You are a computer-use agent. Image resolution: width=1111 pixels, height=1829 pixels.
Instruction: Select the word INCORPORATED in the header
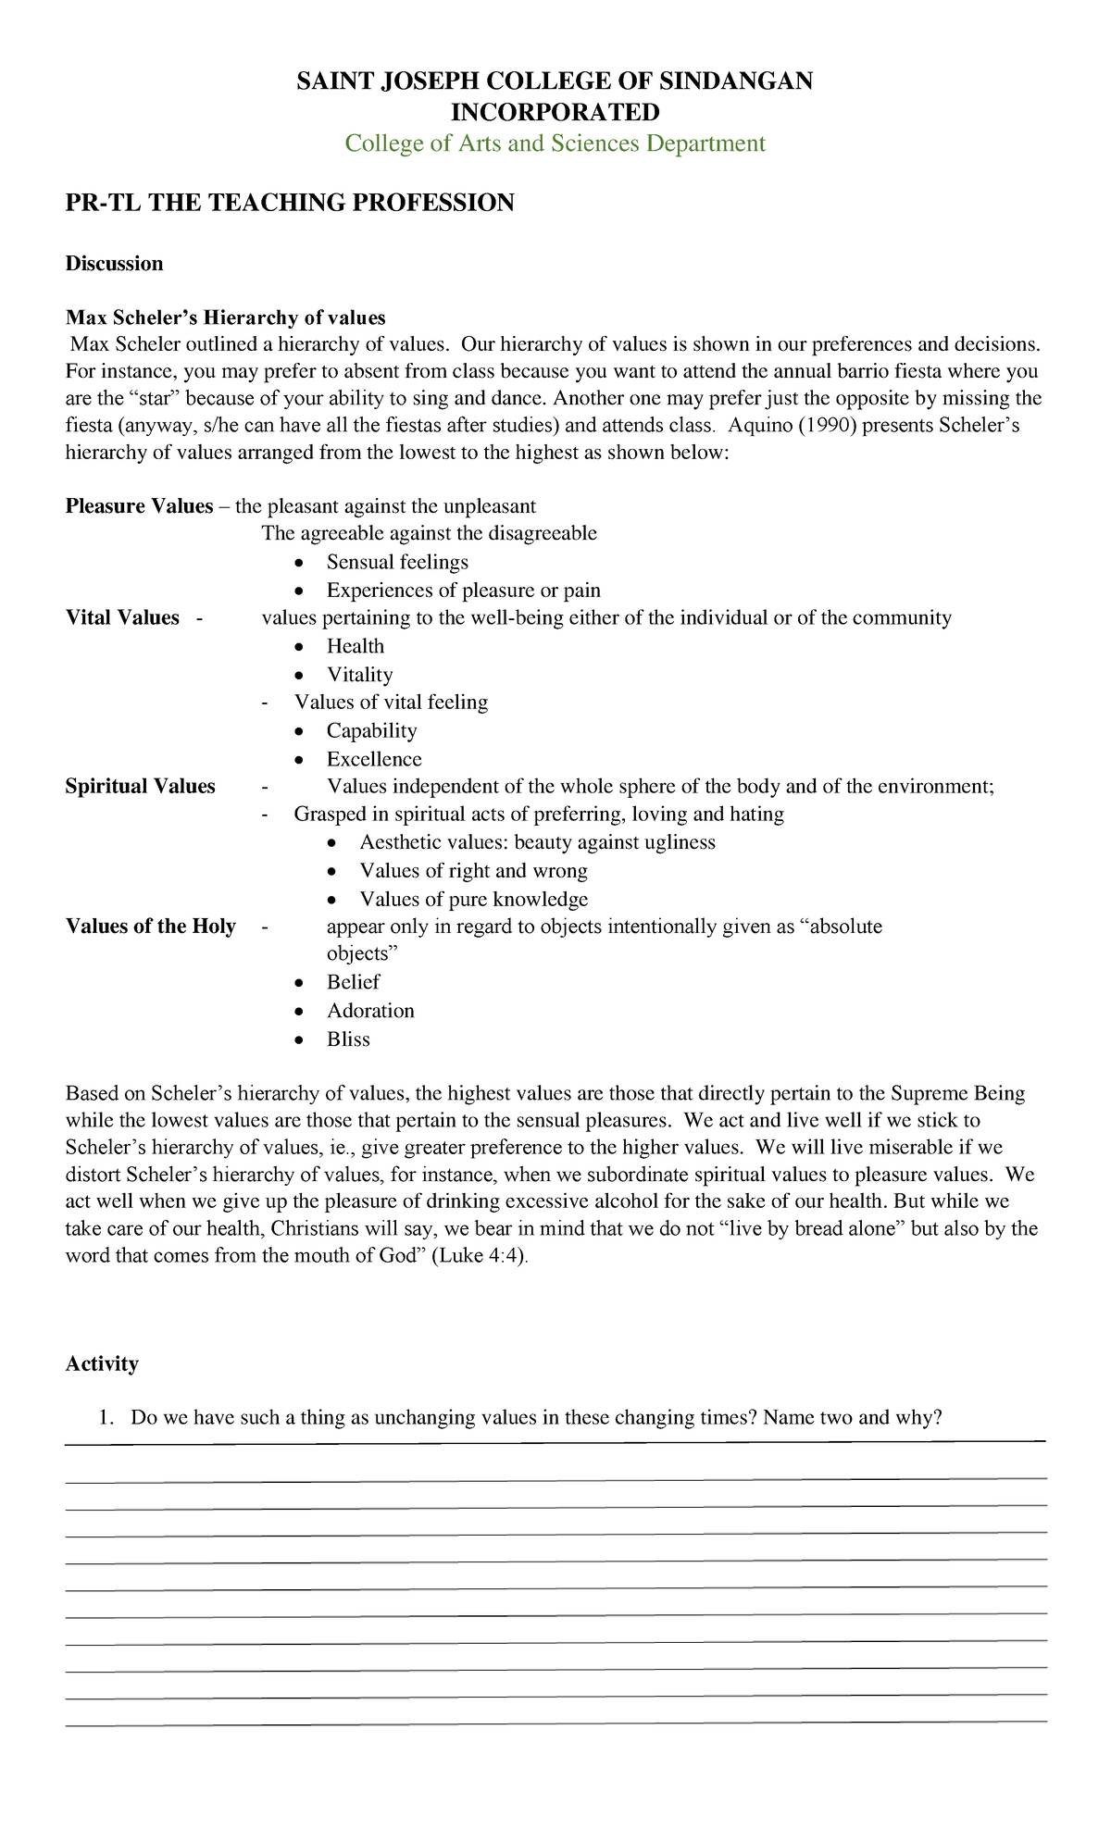coord(555,112)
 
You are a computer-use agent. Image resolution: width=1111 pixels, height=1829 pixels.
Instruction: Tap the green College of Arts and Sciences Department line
coord(555,143)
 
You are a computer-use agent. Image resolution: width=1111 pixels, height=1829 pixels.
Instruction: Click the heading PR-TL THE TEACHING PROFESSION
coord(289,203)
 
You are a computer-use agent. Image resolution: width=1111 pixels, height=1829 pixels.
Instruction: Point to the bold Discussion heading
coord(114,264)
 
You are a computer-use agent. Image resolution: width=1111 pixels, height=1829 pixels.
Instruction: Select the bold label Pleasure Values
coord(139,506)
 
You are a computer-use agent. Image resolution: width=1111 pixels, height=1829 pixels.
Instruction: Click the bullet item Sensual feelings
coord(397,562)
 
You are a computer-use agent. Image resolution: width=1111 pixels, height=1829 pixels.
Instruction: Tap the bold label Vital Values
coord(122,618)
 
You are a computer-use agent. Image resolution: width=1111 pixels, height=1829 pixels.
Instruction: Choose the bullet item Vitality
coord(359,675)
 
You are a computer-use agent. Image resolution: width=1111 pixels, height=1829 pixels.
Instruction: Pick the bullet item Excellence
coord(374,759)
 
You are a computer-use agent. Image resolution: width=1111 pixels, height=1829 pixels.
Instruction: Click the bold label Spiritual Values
coord(140,787)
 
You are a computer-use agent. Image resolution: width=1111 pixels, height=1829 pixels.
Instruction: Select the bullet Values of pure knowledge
coord(473,900)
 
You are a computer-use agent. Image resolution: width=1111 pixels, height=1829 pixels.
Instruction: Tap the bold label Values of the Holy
coord(150,927)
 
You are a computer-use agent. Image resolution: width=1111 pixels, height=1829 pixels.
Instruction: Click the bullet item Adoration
coord(370,1011)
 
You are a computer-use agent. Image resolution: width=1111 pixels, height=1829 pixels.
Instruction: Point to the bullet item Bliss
coord(348,1039)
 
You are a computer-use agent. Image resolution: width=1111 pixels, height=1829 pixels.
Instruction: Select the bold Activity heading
coord(102,1363)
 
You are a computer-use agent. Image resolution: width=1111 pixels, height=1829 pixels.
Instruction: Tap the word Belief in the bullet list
coord(353,982)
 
